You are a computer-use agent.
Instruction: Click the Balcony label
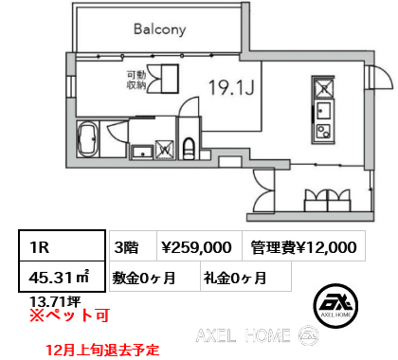(x=160, y=29)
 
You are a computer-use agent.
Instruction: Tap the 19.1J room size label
(x=231, y=87)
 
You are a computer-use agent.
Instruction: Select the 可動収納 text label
(x=136, y=80)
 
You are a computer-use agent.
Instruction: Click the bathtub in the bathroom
(x=88, y=139)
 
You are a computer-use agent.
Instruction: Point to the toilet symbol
(x=189, y=149)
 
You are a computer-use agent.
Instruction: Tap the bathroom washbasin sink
(x=142, y=152)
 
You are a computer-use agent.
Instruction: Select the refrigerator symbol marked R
(x=323, y=88)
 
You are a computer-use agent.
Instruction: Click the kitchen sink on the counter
(x=323, y=111)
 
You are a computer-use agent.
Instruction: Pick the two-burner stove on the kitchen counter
(x=323, y=132)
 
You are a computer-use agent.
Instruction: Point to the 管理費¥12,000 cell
(x=303, y=246)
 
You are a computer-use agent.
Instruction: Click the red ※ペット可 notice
(x=69, y=315)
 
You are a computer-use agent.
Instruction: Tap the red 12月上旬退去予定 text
(x=102, y=350)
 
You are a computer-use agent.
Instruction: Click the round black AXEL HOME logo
(x=336, y=305)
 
